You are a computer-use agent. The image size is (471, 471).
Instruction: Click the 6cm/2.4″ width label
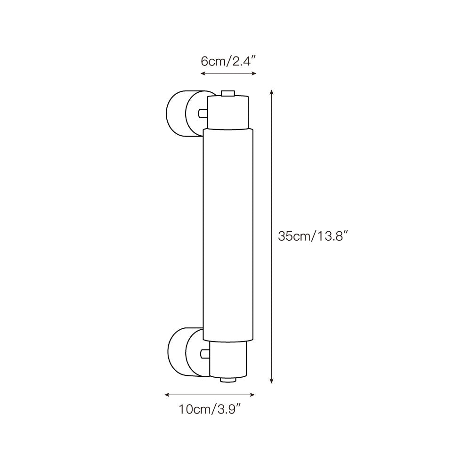click(x=228, y=61)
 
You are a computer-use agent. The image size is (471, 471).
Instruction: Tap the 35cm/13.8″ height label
click(x=313, y=236)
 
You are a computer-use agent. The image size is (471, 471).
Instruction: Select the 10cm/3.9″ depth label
click(x=210, y=409)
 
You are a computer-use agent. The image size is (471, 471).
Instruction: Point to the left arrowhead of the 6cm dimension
click(x=203, y=73)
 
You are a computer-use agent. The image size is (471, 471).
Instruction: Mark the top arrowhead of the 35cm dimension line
click(x=271, y=91)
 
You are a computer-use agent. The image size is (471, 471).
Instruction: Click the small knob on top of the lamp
click(x=228, y=93)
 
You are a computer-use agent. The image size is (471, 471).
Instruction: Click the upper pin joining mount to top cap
click(x=203, y=113)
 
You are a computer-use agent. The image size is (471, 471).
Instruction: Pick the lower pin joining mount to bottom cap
click(x=204, y=353)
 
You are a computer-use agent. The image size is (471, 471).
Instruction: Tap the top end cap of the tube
click(x=228, y=112)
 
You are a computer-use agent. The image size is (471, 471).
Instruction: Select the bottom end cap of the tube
click(x=228, y=359)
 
